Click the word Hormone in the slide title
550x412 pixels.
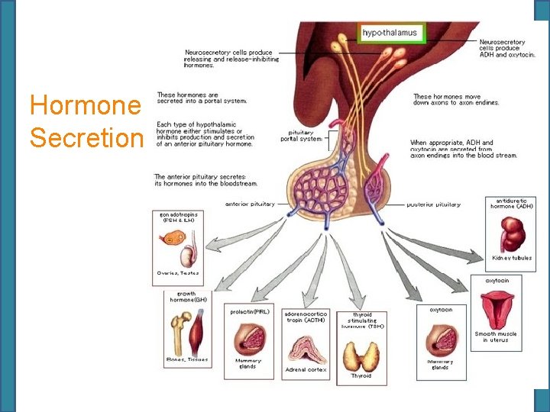pyautogui.click(x=85, y=105)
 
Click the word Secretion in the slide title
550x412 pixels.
pyautogui.click(x=86, y=138)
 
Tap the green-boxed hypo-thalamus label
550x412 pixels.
pyautogui.click(x=390, y=33)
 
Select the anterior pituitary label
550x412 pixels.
pyautogui.click(x=250, y=204)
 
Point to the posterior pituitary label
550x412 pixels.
pyautogui.click(x=433, y=204)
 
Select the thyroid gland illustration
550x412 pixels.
pyautogui.click(x=361, y=356)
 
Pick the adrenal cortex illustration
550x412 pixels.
pyautogui.click(x=306, y=348)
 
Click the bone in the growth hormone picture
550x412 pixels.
pyautogui.click(x=181, y=325)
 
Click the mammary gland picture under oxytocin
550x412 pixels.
pyautogui.click(x=440, y=338)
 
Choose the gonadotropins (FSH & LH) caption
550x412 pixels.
pyautogui.click(x=179, y=217)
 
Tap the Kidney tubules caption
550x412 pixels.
pyautogui.click(x=511, y=258)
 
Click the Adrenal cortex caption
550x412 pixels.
pyautogui.click(x=306, y=369)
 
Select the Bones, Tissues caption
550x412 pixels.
pyautogui.click(x=186, y=359)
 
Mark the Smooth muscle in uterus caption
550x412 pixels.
pyautogui.click(x=496, y=337)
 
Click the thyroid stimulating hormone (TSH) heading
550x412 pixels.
pyautogui.click(x=362, y=320)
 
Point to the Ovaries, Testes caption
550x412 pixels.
pyautogui.click(x=178, y=272)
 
